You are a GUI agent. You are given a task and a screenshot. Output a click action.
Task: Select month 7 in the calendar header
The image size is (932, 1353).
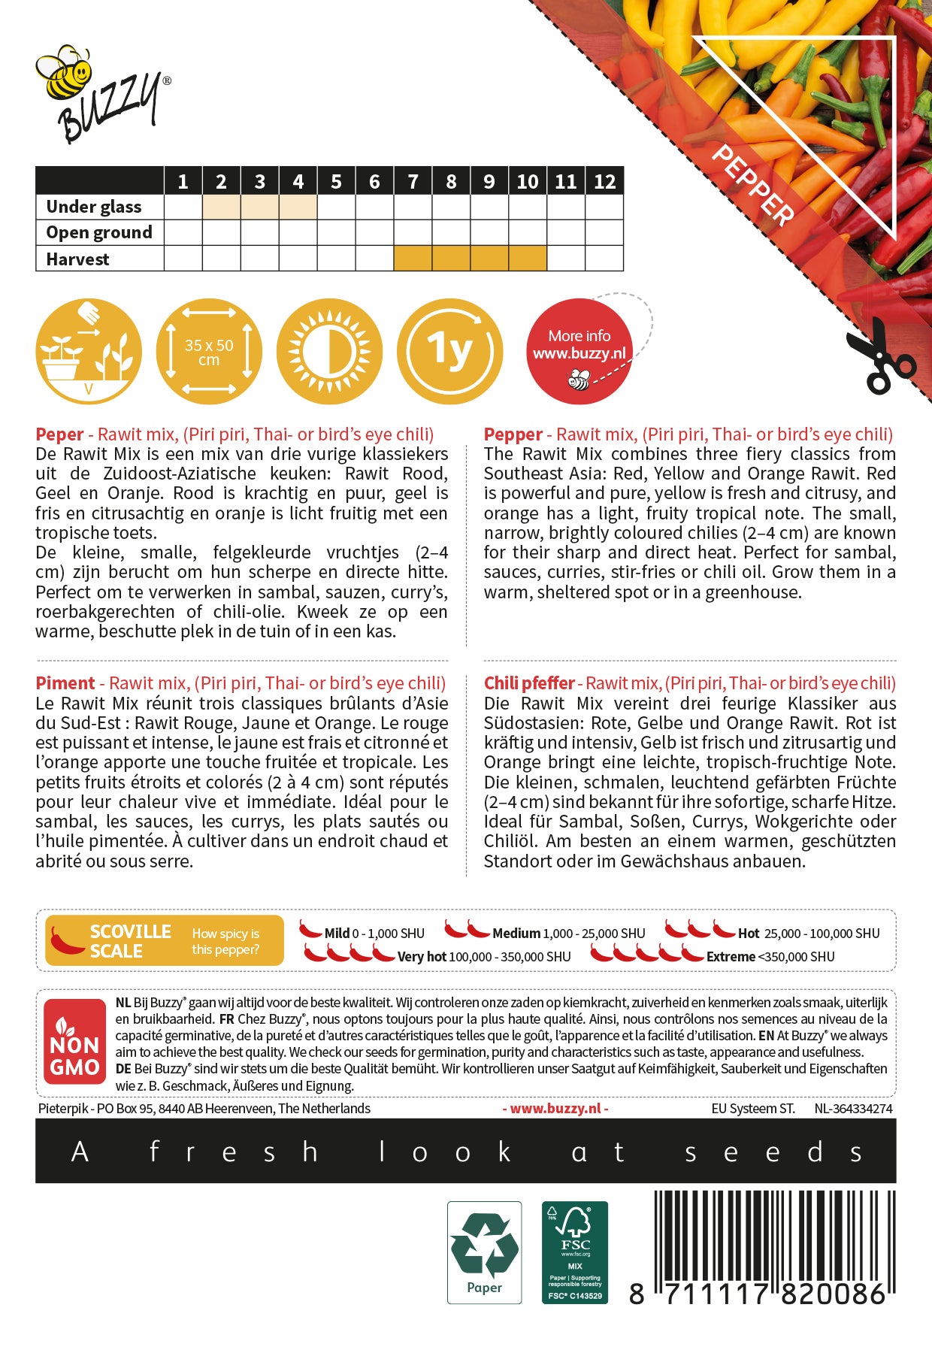413,181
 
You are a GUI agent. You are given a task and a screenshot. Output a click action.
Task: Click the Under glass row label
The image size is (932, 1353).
94,207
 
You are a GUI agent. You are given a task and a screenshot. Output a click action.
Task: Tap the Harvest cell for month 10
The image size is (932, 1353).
528,259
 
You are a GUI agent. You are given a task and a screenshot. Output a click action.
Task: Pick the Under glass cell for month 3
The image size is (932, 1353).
259,207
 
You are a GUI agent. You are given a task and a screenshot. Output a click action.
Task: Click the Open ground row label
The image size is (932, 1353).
99,232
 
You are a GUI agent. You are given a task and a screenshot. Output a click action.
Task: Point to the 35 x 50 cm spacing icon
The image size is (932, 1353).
209,351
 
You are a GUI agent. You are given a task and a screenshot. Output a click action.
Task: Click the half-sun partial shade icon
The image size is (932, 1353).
329,351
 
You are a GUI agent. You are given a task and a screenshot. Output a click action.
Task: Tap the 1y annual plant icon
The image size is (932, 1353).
449,351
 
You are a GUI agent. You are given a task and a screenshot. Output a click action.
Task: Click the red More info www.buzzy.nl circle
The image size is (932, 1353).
579,351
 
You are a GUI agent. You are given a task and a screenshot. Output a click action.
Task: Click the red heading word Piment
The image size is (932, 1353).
65,683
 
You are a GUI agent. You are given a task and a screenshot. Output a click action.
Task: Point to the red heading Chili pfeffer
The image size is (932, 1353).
529,683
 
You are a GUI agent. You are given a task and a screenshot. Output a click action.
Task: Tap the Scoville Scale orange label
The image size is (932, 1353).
164,940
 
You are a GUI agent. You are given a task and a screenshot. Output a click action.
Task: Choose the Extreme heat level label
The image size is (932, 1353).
731,957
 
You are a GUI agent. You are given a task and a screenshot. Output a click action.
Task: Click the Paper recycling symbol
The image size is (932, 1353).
484,1252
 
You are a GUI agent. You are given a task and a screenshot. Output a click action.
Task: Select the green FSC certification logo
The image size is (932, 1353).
575,1252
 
